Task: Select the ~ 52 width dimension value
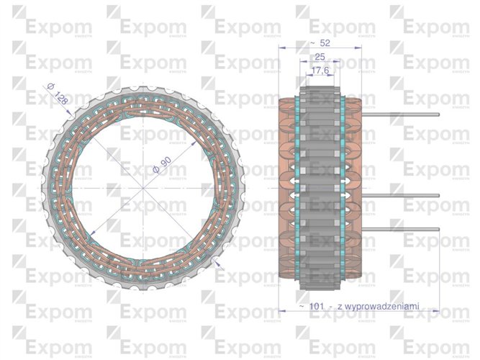tap(317, 43)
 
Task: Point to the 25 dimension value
tap(320, 56)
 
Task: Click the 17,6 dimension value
tap(321, 70)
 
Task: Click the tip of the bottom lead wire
tap(438, 230)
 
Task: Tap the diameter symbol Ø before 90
tap(154, 171)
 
